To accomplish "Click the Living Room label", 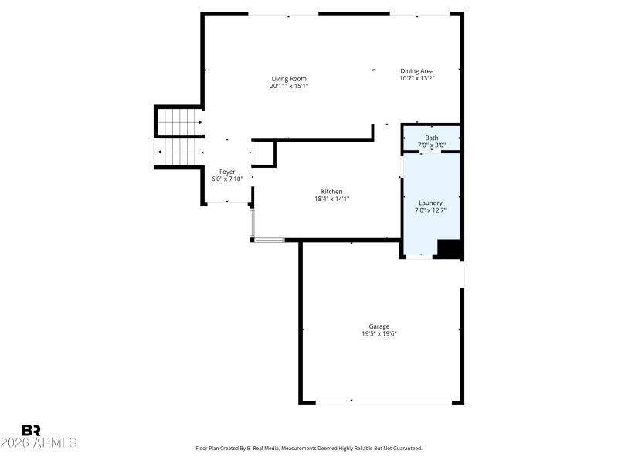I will (289, 79).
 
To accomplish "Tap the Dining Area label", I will (416, 71).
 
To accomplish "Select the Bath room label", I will (431, 138).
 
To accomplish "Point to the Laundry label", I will (430, 203).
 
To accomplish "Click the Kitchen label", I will (332, 192).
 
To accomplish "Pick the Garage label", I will (379, 326).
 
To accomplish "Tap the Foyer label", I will (227, 172).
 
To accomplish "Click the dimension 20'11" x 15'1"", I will (289, 86).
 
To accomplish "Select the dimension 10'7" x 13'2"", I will (416, 78).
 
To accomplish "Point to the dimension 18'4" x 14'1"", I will (332, 199).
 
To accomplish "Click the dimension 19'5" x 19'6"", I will (379, 333).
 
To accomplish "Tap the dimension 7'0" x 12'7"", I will (430, 210).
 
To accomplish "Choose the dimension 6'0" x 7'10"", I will (227, 179).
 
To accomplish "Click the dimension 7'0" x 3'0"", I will (431, 145).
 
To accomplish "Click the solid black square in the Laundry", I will (450, 249).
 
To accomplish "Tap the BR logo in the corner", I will (31, 430).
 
